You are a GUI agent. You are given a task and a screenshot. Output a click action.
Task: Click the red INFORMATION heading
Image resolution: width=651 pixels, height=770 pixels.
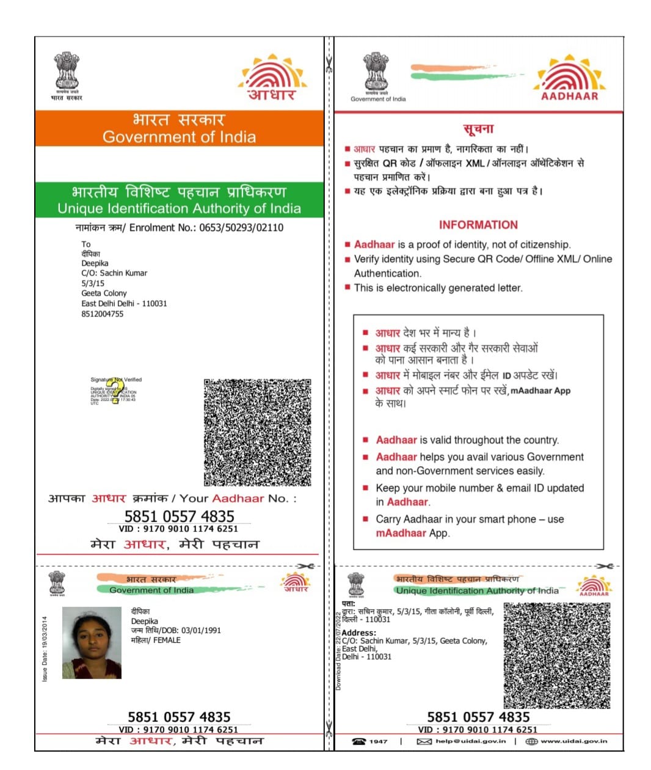(x=478, y=225)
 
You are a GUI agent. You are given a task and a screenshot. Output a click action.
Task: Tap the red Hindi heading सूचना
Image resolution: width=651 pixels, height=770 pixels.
(x=478, y=129)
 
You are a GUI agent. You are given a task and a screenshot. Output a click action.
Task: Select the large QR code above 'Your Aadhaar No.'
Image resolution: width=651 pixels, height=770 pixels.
(x=257, y=433)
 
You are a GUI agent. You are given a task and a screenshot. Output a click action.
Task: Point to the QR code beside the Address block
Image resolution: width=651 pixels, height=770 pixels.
(x=556, y=656)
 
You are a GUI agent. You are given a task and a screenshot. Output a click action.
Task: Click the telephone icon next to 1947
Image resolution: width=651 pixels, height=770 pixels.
(x=359, y=741)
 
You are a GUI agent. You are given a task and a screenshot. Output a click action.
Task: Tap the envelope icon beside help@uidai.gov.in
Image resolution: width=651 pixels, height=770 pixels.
(x=424, y=741)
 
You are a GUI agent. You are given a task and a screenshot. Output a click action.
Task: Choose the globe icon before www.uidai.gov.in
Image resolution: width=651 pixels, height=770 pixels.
(x=531, y=741)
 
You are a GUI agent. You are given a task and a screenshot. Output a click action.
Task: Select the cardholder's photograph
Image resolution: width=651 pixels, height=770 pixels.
(x=92, y=643)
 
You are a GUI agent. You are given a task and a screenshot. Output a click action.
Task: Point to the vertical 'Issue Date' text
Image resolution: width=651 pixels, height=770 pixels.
(x=45, y=648)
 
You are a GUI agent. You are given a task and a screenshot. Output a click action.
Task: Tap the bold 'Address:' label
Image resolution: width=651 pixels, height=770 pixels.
(x=359, y=632)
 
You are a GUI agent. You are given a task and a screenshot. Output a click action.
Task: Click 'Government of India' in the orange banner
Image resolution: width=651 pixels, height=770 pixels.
(x=179, y=137)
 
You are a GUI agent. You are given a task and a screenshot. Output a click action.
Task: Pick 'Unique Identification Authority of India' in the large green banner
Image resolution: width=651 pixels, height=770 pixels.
(x=179, y=208)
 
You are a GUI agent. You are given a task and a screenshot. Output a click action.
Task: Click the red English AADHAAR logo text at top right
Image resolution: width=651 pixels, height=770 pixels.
(x=569, y=96)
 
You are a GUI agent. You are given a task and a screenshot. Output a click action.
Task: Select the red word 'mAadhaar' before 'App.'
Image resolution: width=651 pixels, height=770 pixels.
(x=401, y=533)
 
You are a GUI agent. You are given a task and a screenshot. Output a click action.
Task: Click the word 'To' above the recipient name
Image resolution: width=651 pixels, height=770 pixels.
(x=86, y=244)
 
